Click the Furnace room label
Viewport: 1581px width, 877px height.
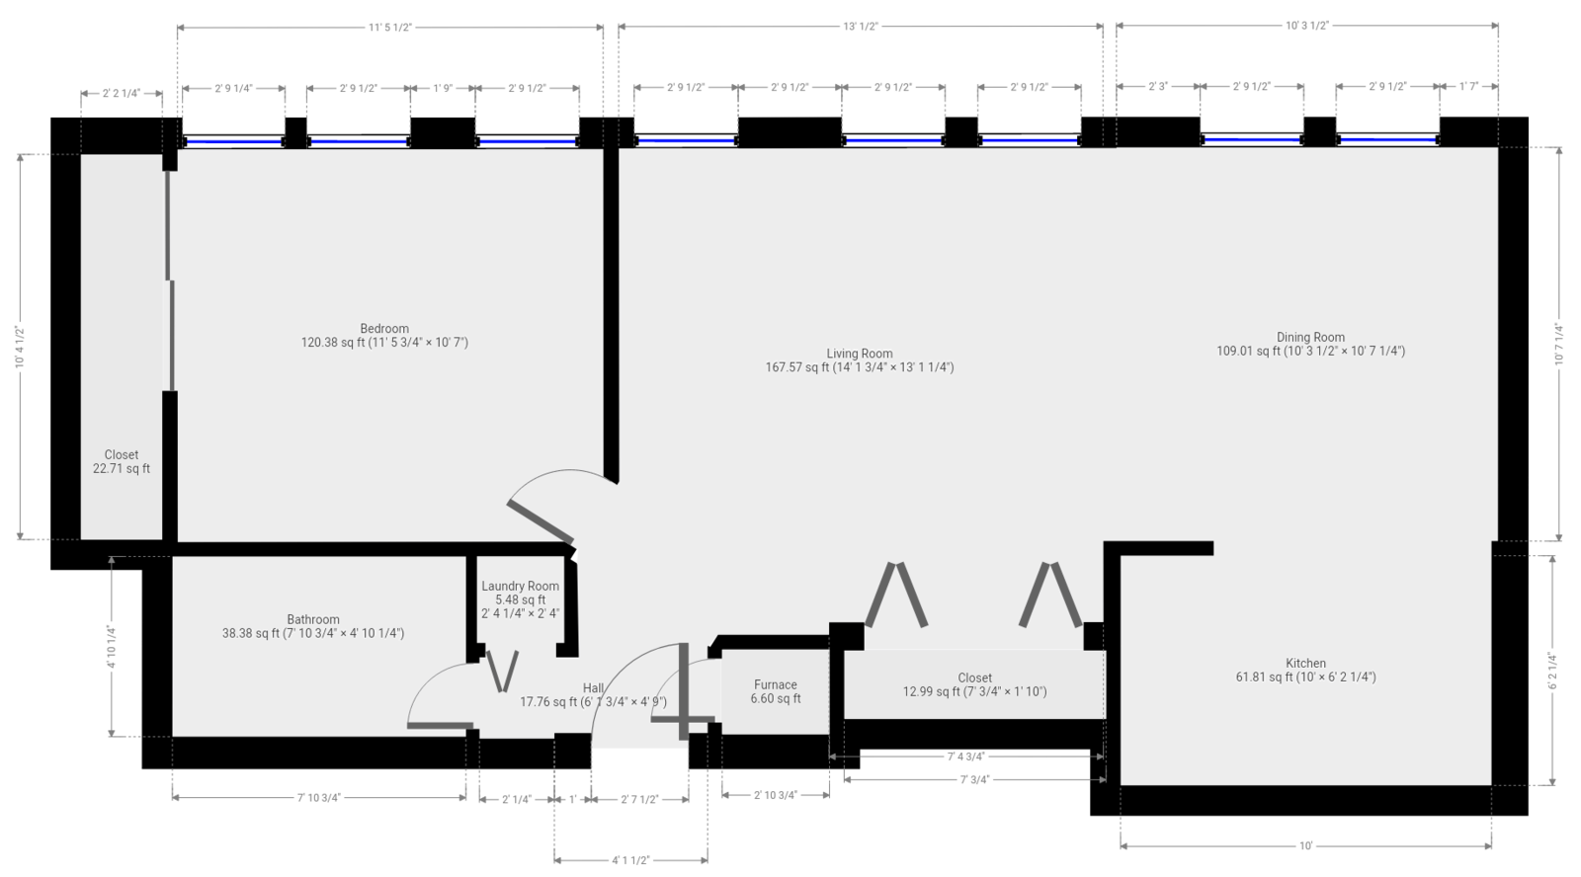pyautogui.click(x=776, y=684)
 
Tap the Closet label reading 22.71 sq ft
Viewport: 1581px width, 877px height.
pyautogui.click(x=122, y=462)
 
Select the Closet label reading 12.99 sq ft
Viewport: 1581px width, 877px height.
pyautogui.click(x=974, y=684)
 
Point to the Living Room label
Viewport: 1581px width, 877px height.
pyautogui.click(x=859, y=359)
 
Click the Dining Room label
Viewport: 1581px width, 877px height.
pyautogui.click(x=1310, y=344)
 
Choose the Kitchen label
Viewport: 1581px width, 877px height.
pyautogui.click(x=1305, y=671)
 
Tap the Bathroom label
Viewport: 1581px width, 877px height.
pyautogui.click(x=313, y=626)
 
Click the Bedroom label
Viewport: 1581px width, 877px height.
pyautogui.click(x=383, y=336)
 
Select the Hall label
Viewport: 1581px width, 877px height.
pyautogui.click(x=593, y=695)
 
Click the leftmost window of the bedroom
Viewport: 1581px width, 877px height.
pyautogui.click(x=234, y=141)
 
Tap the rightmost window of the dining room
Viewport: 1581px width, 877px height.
pyautogui.click(x=1386, y=141)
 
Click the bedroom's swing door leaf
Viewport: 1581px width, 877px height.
pyautogui.click(x=540, y=519)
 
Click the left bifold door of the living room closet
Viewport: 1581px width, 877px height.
pyautogui.click(x=895, y=596)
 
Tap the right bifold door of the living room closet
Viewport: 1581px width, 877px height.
pyautogui.click(x=1050, y=596)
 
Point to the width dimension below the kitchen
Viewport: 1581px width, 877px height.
pyautogui.click(x=1305, y=845)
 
